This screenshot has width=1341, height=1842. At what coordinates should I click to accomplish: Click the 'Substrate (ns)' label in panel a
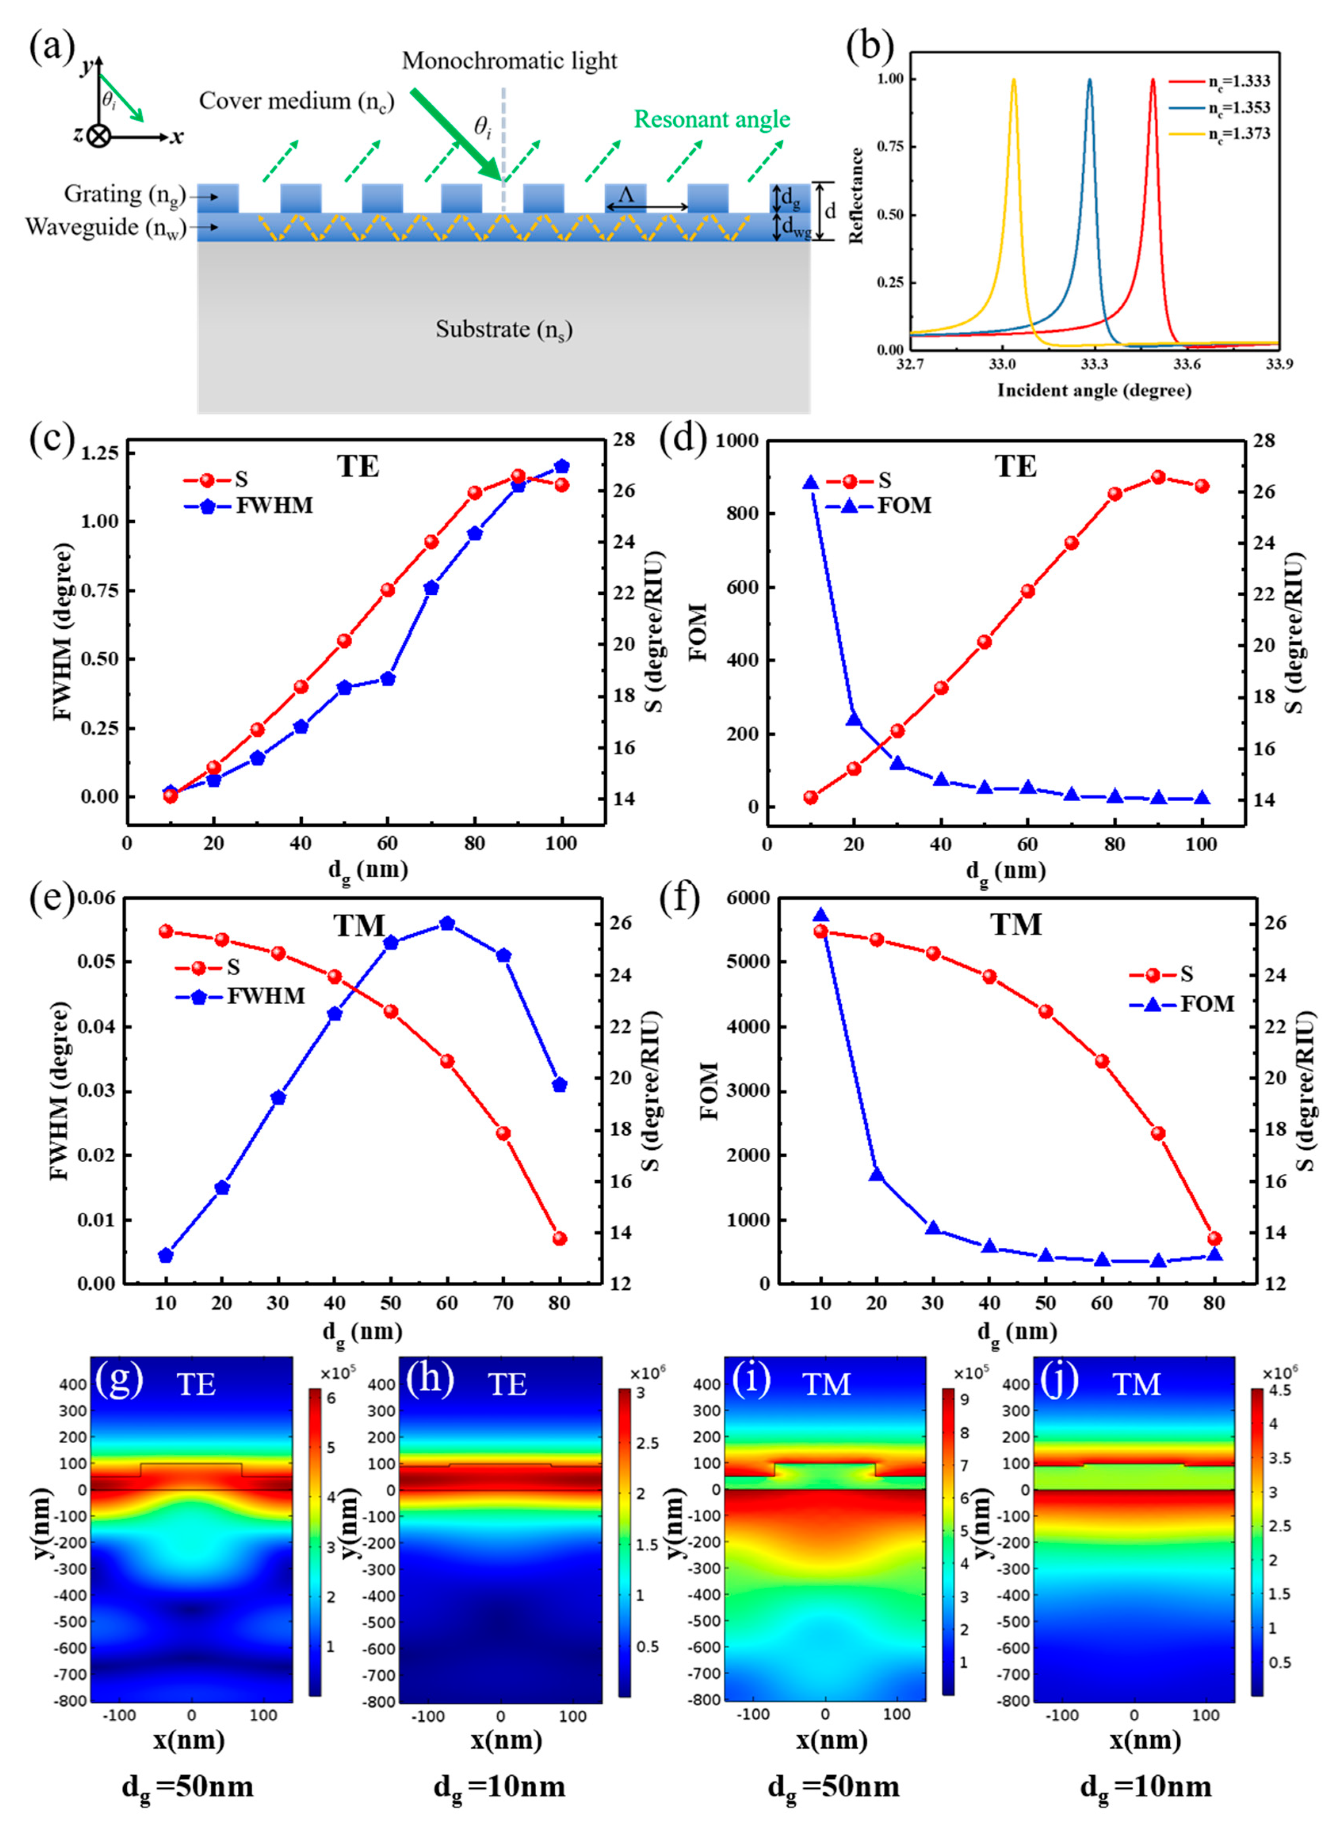pyautogui.click(x=503, y=330)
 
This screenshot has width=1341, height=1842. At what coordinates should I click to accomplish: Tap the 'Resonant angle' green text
pyautogui.click(x=712, y=119)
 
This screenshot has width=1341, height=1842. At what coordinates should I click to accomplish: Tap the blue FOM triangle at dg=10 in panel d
pyautogui.click(x=810, y=483)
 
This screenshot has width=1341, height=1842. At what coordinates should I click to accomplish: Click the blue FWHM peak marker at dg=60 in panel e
pyautogui.click(x=447, y=923)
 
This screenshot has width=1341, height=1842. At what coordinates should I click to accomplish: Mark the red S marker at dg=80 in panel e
pyautogui.click(x=559, y=1239)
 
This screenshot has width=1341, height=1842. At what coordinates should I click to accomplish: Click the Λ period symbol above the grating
pyautogui.click(x=626, y=195)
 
